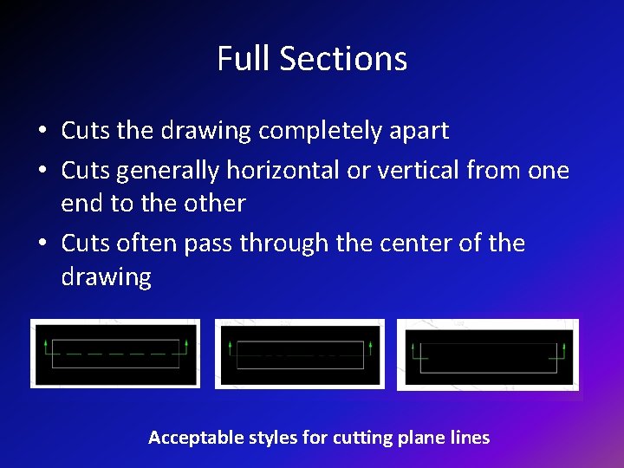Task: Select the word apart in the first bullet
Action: point(419,131)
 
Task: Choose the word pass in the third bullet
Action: point(209,244)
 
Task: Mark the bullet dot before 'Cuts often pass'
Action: point(42,244)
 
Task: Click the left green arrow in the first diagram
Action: point(44,348)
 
